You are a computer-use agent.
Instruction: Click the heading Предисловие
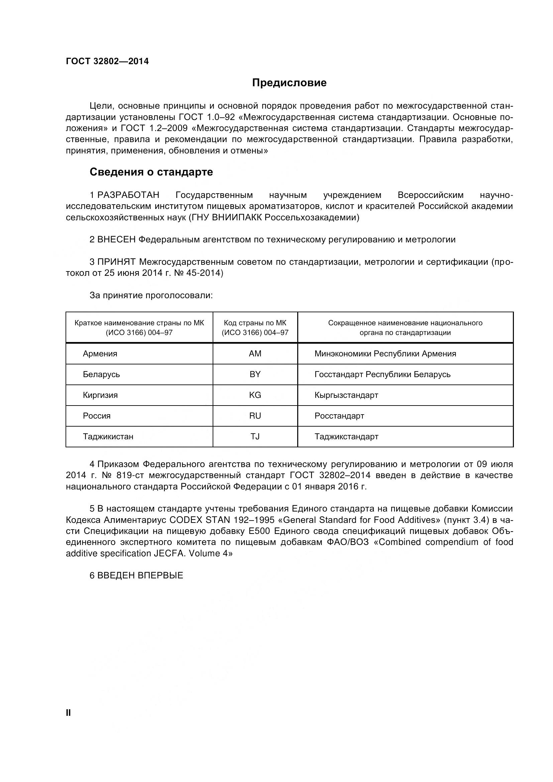click(x=289, y=83)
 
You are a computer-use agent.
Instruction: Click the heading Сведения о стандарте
click(x=151, y=172)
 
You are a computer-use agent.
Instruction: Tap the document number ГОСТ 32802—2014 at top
click(x=107, y=61)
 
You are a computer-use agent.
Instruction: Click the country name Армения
click(x=100, y=353)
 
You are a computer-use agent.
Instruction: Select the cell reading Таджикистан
click(x=108, y=437)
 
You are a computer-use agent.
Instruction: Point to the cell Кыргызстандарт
click(x=346, y=395)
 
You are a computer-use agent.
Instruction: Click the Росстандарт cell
click(x=339, y=416)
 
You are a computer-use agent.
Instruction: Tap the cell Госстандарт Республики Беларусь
click(x=382, y=374)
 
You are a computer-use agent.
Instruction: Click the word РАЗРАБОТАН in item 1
click(x=128, y=195)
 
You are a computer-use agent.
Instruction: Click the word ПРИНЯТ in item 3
click(x=116, y=262)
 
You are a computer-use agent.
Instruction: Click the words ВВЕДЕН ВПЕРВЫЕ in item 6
click(x=140, y=576)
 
